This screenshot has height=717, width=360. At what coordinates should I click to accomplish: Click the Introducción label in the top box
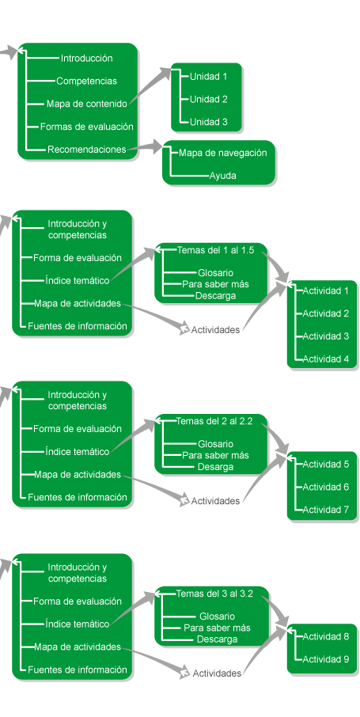[x=86, y=58]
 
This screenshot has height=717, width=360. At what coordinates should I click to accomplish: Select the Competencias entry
[x=86, y=81]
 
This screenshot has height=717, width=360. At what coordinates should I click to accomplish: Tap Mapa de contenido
[x=86, y=104]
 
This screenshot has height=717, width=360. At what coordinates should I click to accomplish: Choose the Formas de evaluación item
[x=86, y=127]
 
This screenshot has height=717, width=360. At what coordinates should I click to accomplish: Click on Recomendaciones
[x=86, y=150]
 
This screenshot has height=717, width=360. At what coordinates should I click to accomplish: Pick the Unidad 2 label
[x=208, y=99]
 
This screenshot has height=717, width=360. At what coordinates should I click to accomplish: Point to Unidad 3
[x=208, y=122]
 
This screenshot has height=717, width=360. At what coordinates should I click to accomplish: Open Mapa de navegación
[x=223, y=153]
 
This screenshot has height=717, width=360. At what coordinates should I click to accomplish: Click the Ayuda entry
[x=223, y=176]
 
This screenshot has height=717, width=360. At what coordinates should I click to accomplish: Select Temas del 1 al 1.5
[x=215, y=250]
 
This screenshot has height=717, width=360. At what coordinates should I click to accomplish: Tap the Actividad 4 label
[x=326, y=359]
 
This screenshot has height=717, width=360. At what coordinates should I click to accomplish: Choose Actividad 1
[x=326, y=290]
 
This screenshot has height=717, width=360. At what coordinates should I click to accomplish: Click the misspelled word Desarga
[x=215, y=467]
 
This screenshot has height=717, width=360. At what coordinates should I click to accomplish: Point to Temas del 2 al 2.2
[x=214, y=421]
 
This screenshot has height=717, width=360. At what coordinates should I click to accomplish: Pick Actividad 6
[x=326, y=487]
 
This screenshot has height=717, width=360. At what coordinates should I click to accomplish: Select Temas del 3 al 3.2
[x=214, y=594]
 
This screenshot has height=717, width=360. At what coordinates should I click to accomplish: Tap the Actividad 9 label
[x=326, y=659]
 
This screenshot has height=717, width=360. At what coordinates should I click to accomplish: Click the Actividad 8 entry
[x=326, y=636]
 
